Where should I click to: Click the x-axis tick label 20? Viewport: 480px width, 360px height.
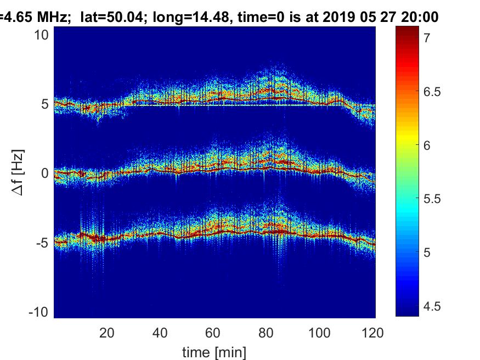(x=107, y=333)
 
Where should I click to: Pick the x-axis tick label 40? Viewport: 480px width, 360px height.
(x=160, y=333)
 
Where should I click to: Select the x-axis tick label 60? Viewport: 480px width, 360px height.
(x=213, y=333)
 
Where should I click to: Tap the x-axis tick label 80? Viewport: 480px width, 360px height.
(x=267, y=333)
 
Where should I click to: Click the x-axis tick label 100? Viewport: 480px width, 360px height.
(x=320, y=333)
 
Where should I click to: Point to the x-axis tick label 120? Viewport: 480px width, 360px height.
(x=373, y=333)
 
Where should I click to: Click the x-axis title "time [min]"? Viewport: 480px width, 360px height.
(x=214, y=351)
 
